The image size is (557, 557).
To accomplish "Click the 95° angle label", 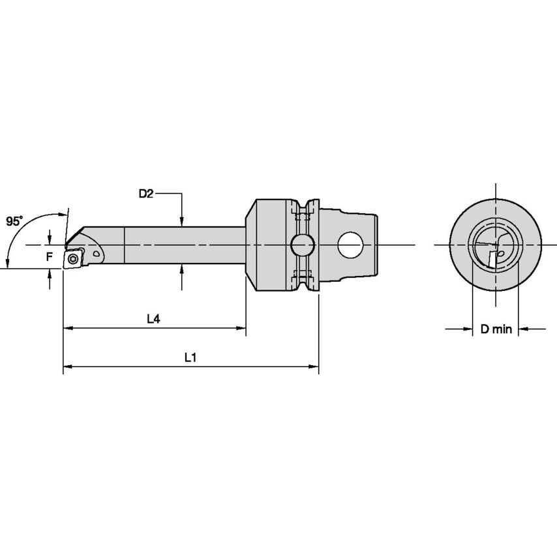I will coord(14,221).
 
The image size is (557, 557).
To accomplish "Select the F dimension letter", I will coord(49,257).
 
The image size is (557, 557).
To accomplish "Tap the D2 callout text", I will coord(145,194).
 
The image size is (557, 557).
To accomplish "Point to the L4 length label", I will coord(153,319).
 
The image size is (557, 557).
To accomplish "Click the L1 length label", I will coord(190,357).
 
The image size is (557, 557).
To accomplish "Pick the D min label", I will coord(496,329).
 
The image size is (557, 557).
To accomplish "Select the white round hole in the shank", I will coord(350,245).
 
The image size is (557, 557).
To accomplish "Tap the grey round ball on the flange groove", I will coord(301,245).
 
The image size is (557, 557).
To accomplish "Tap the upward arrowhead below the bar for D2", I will coord(182,269).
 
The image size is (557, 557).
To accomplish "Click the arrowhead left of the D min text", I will coord(466,329).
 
